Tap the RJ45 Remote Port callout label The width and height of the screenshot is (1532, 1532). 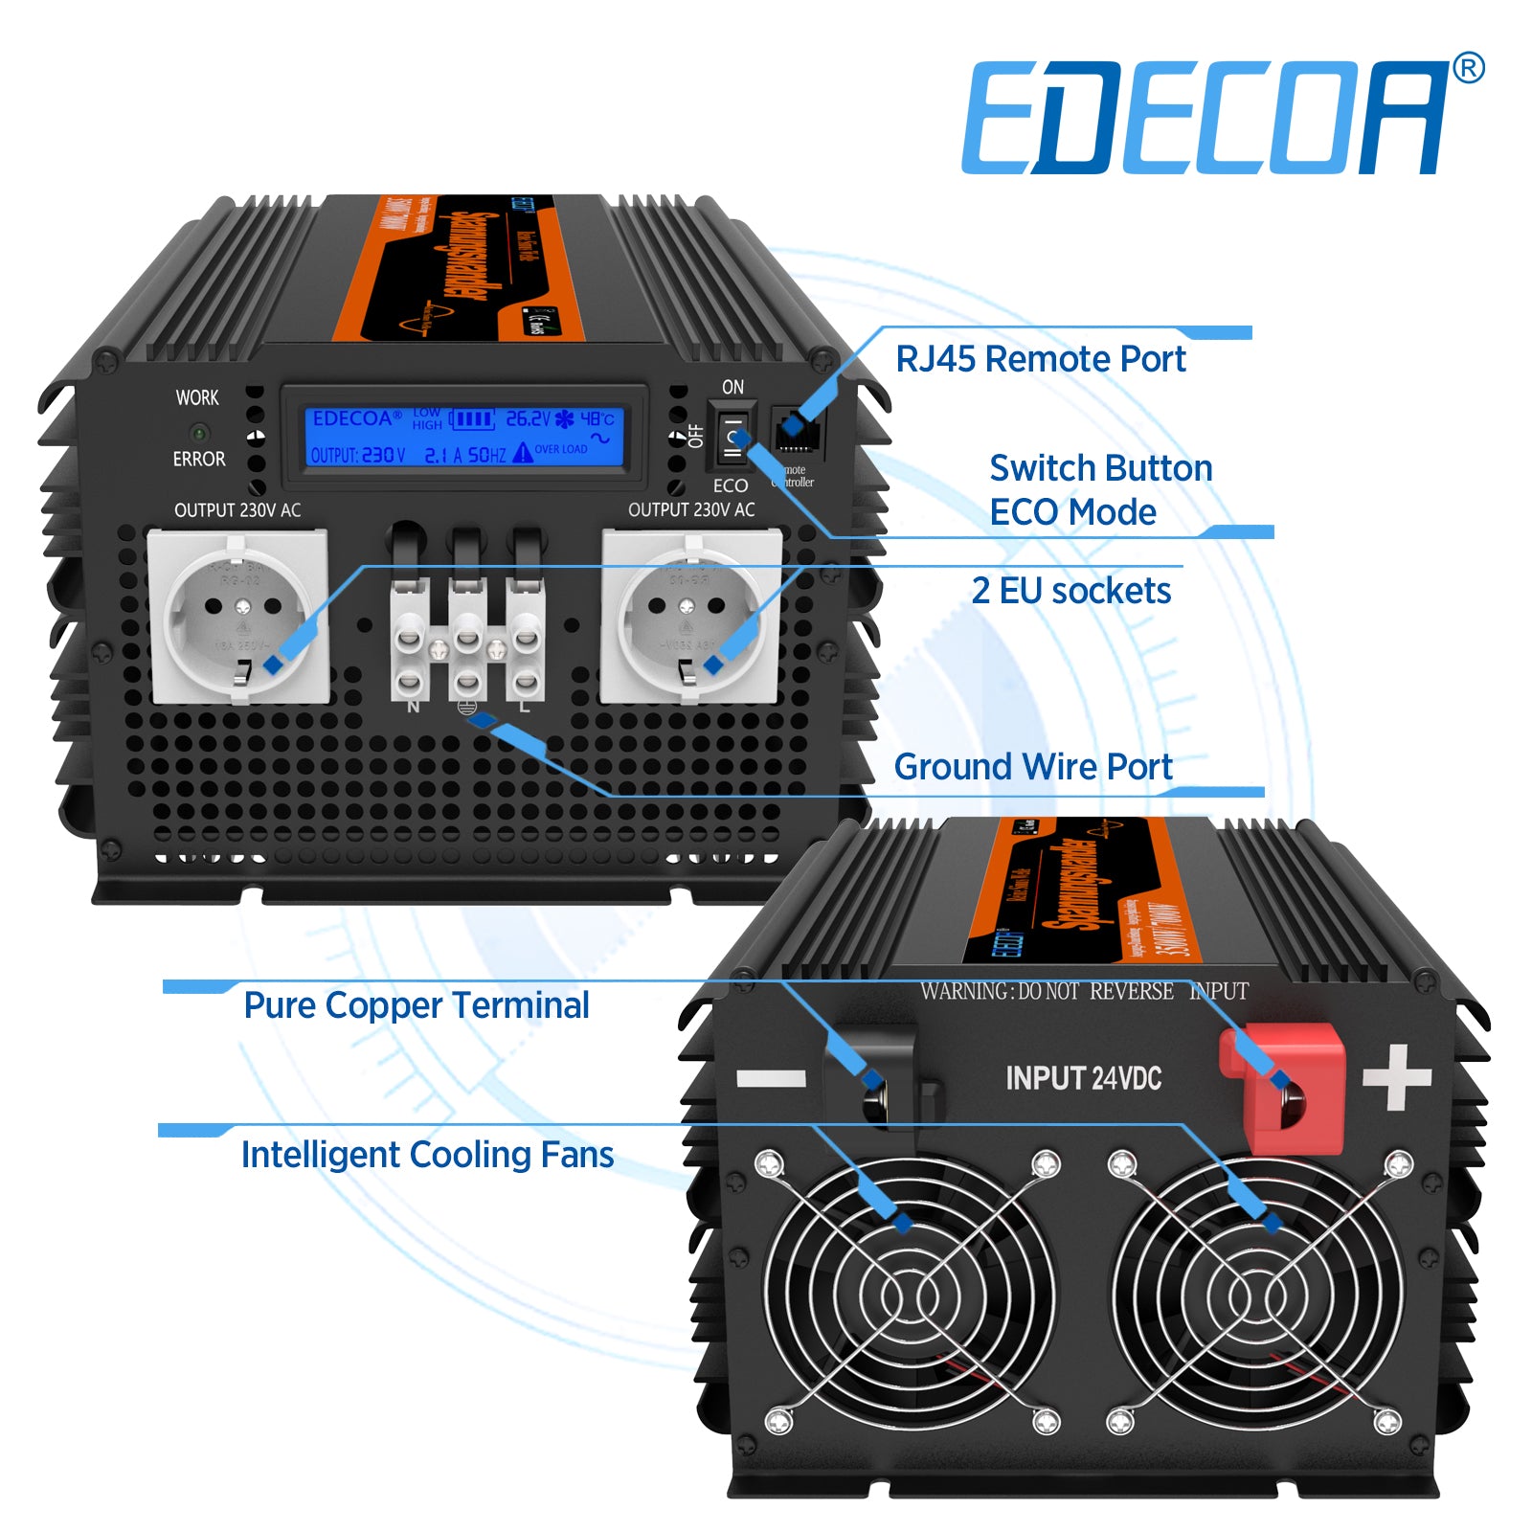1041,359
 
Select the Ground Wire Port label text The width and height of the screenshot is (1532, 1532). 1032,767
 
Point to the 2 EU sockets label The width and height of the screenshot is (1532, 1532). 1070,591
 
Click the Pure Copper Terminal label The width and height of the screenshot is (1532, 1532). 417,1005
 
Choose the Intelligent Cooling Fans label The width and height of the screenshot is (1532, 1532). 427,1155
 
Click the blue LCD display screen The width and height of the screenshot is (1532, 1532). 464,437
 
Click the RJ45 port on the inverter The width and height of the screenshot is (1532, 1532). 796,432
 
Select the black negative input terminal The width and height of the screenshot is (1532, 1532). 881,1077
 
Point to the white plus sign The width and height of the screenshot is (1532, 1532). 1397,1077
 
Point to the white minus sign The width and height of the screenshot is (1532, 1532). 771,1079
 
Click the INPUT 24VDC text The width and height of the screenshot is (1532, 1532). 1083,1079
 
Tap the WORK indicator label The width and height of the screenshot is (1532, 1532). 197,397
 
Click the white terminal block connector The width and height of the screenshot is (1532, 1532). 467,642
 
